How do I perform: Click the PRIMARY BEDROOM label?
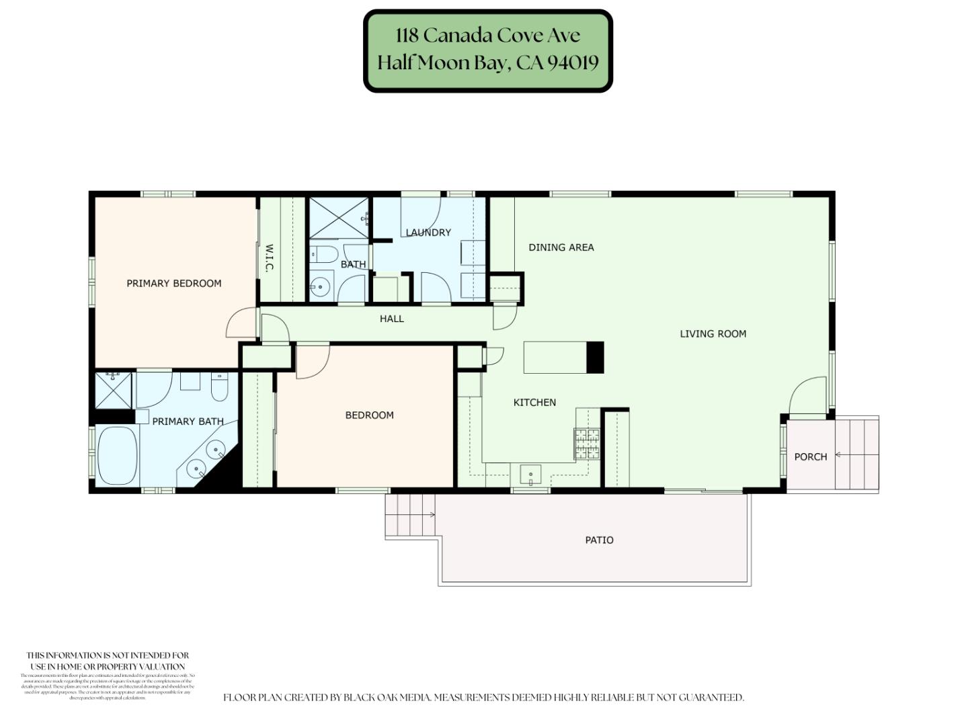pos(174,284)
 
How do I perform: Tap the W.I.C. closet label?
pos(269,258)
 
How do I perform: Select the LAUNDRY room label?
pos(428,233)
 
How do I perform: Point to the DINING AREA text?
pos(561,247)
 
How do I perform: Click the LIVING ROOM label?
pos(713,333)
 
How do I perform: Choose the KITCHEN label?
pos(534,403)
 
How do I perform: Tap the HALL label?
pos(391,319)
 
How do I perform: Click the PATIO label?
pos(599,540)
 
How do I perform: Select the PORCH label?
pos(810,456)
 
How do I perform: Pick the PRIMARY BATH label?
pos(188,421)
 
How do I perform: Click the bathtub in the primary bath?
pos(117,455)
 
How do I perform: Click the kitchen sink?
pos(530,475)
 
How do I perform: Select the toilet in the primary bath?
pos(219,387)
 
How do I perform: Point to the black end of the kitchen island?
pos(595,357)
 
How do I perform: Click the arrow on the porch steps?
pos(840,455)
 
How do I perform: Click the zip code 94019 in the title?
pos(573,63)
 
